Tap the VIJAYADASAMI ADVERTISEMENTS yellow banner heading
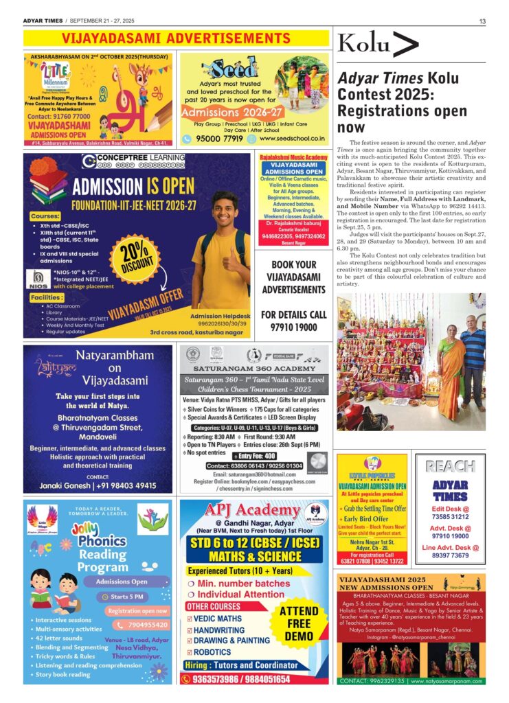(177, 38)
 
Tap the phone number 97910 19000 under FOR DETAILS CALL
(294, 327)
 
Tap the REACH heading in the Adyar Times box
(450, 466)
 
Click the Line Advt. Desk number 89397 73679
(450, 555)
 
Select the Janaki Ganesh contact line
(98, 485)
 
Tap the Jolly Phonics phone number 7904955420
(143, 625)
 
